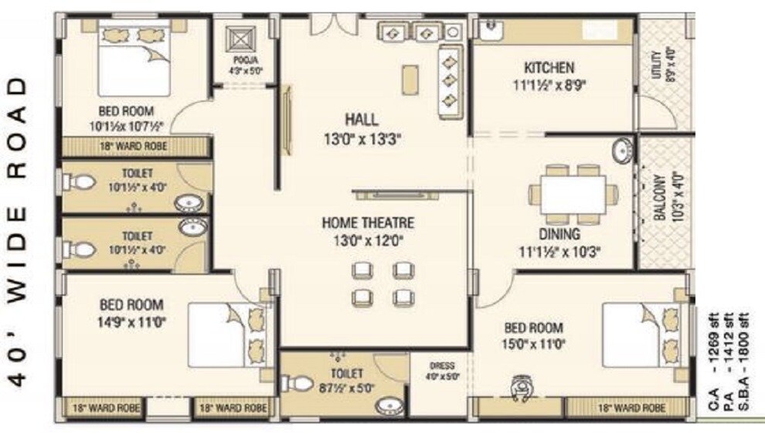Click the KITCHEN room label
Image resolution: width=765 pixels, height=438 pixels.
click(549, 68)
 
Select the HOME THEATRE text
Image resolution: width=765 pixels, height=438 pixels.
click(368, 223)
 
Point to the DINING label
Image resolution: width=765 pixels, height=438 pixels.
click(560, 234)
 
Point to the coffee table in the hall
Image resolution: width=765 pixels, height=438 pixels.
click(410, 80)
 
